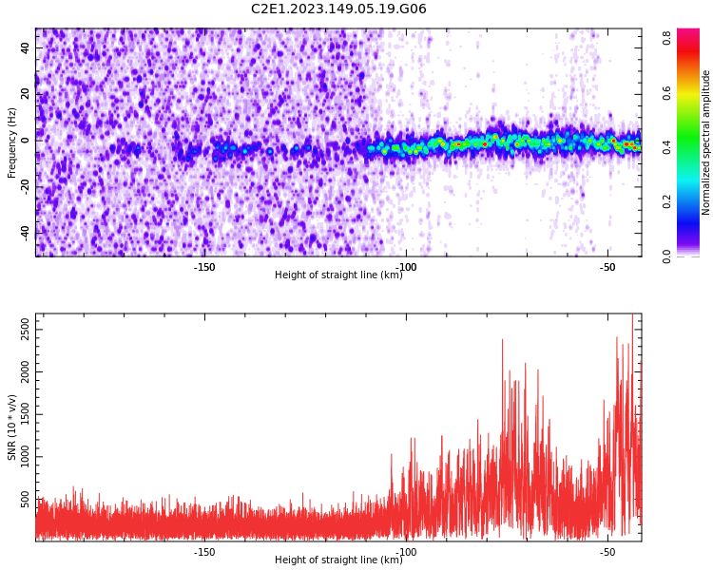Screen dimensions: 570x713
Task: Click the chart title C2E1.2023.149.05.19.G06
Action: [x=338, y=9]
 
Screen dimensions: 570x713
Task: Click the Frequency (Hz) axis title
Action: [x=12, y=142]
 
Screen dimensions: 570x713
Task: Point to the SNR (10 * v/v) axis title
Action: [x=12, y=427]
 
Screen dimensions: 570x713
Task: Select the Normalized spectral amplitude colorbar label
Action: [x=706, y=142]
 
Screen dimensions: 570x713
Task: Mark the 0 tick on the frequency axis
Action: [x=27, y=140]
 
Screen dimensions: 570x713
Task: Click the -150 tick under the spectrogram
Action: [x=204, y=266]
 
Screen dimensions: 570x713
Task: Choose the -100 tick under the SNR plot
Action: [x=406, y=551]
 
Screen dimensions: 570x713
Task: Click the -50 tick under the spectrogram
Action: [x=607, y=266]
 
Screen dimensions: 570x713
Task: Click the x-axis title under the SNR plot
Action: [x=338, y=560]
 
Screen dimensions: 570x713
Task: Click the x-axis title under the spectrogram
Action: [x=338, y=275]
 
